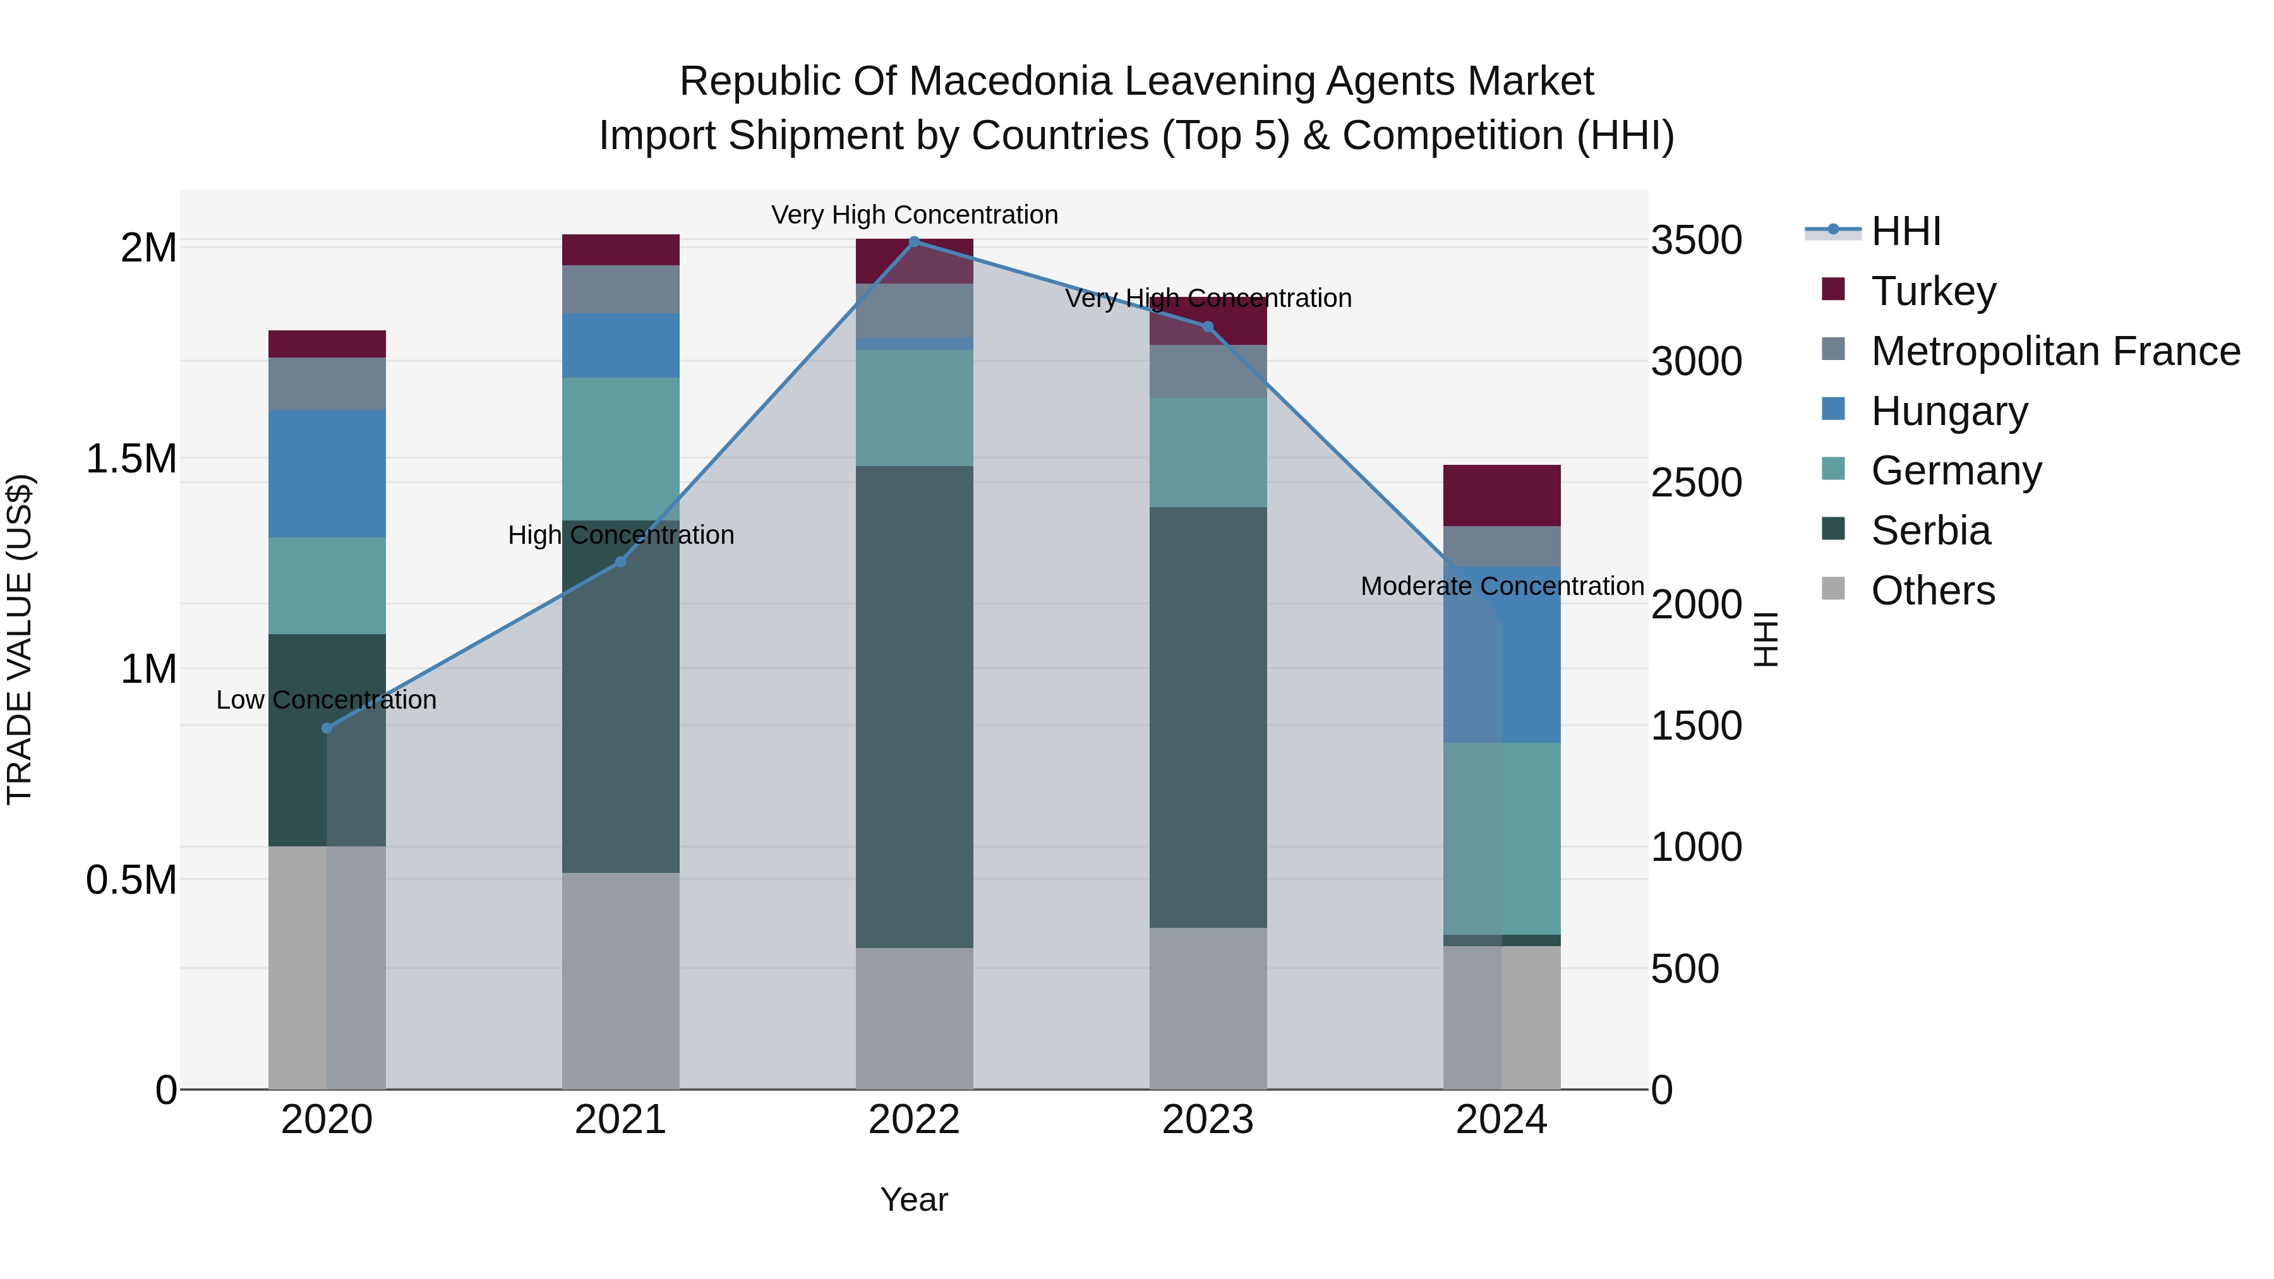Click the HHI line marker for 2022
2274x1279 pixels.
pos(915,241)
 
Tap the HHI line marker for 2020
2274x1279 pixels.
pos(327,728)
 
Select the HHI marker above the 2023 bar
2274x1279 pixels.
pos(1208,327)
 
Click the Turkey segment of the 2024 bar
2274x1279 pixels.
pos(1501,495)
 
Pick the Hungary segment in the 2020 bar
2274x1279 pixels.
pos(327,473)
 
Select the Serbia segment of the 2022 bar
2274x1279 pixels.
pos(915,706)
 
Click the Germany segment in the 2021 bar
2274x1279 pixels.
pos(620,448)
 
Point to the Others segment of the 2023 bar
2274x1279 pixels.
pos(1208,1008)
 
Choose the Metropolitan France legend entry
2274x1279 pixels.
pos(2055,351)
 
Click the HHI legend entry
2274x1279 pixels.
pos(1905,231)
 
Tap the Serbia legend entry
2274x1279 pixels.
pos(1930,531)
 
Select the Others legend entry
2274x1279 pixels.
pos(1932,591)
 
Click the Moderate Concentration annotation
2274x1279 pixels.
pos(1501,586)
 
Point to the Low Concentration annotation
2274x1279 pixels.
pos(326,700)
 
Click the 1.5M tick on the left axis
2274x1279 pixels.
pos(131,459)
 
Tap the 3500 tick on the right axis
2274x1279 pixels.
pos(1696,240)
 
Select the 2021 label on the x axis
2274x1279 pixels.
pos(620,1120)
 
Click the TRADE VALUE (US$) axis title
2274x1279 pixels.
pos(20,639)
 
